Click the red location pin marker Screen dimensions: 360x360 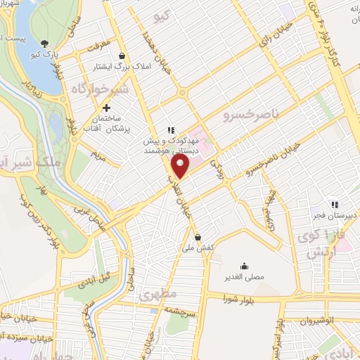(x=181, y=166)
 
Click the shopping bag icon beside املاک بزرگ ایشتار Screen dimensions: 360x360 (x=122, y=56)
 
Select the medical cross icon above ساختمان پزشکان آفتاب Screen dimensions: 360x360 (x=106, y=108)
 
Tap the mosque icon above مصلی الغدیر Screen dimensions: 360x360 (x=243, y=266)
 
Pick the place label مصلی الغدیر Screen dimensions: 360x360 (x=243, y=278)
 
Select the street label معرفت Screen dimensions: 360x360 (x=100, y=48)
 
